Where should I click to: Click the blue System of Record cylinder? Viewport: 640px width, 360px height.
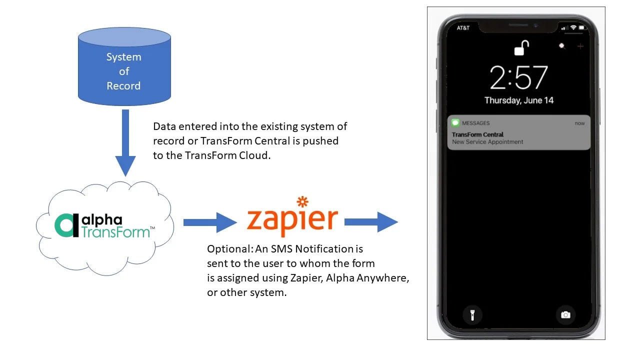pyautogui.click(x=124, y=70)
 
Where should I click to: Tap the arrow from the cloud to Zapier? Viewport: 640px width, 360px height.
pyautogui.click(x=209, y=222)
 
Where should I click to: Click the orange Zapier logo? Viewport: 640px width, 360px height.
pyautogui.click(x=292, y=220)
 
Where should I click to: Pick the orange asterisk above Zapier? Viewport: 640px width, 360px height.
pyautogui.click(x=302, y=202)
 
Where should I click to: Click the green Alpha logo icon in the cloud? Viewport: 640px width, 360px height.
pyautogui.click(x=65, y=226)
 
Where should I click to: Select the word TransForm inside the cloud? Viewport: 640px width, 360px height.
pyautogui.click(x=115, y=232)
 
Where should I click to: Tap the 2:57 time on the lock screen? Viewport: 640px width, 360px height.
pyautogui.click(x=518, y=78)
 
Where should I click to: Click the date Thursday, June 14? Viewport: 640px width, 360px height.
pyautogui.click(x=518, y=100)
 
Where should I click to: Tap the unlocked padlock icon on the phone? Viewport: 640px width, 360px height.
pyautogui.click(x=521, y=48)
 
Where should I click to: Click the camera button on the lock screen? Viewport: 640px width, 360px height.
pyautogui.click(x=565, y=314)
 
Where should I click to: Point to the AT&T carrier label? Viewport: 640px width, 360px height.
pyautogui.click(x=463, y=28)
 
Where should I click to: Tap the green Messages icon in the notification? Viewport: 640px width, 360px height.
pyautogui.click(x=455, y=123)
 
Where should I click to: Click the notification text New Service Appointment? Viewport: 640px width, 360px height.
pyautogui.click(x=487, y=142)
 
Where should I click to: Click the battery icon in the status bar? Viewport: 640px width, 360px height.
pyautogui.click(x=582, y=27)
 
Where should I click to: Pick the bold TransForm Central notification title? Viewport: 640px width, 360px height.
pyautogui.click(x=477, y=134)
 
